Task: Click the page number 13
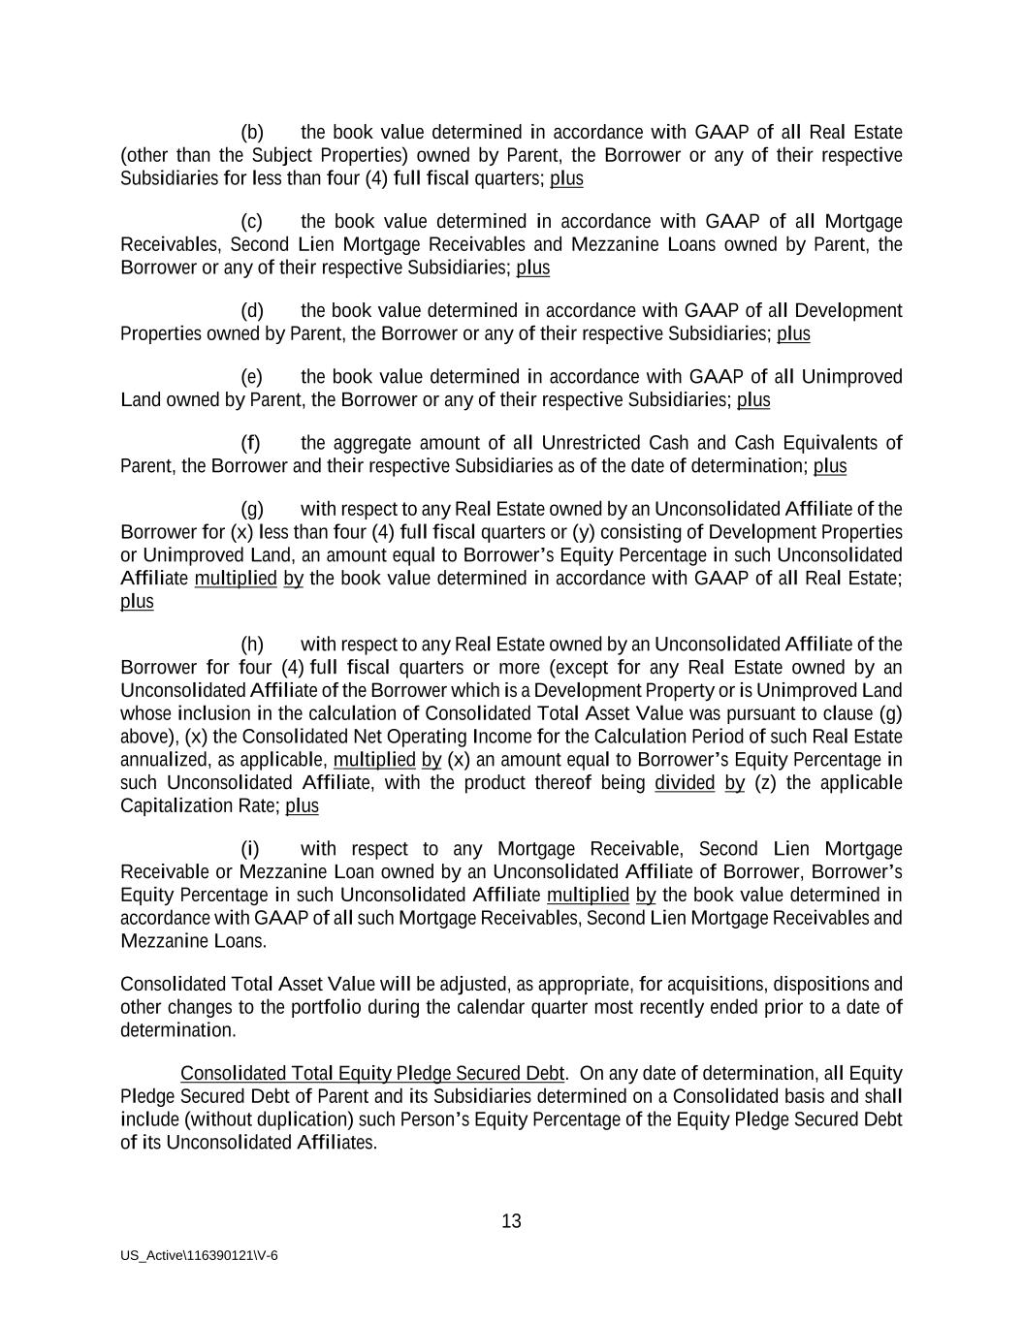pos(511,1221)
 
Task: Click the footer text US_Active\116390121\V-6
pos(199,1255)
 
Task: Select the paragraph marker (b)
pos(252,132)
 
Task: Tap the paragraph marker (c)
pos(252,221)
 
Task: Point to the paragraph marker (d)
pos(252,310)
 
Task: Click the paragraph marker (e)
pos(252,376)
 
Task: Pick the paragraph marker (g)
pos(252,509)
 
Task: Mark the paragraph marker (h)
pos(252,645)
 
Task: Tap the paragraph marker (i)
pos(250,849)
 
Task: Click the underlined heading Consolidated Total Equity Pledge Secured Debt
pos(372,1073)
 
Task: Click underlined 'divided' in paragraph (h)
pos(685,782)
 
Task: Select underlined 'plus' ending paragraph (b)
pos(566,178)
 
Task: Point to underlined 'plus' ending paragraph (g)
pos(137,601)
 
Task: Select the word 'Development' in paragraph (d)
pos(848,310)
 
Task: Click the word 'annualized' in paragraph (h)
pos(161,759)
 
